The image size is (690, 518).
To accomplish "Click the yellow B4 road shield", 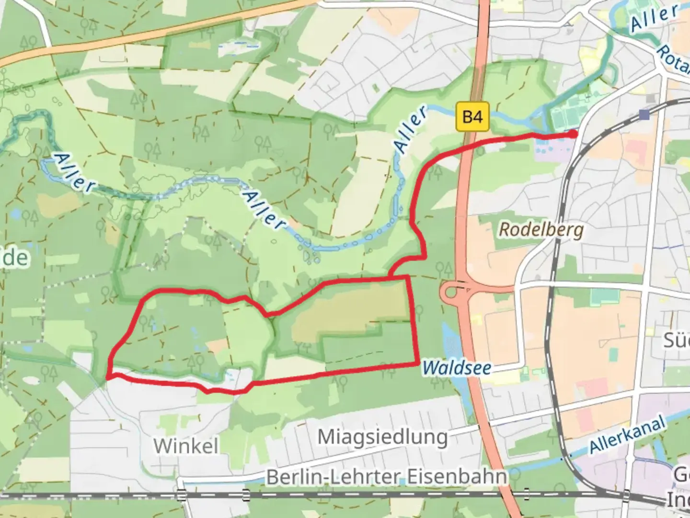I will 472,117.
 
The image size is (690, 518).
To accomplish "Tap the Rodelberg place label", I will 541,230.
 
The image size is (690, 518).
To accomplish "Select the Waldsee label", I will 457,368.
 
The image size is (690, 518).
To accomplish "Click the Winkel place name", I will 186,446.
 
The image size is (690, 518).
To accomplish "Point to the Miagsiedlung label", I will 382,437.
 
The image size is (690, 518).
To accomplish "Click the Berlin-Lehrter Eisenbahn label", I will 386,477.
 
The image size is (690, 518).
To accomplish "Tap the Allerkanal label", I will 628,436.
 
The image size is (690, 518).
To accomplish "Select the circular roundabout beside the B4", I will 451,291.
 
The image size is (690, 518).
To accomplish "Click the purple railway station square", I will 644,115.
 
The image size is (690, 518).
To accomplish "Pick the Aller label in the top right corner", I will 654,18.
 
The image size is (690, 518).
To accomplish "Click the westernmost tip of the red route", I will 107,377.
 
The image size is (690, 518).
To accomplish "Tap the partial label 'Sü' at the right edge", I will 676,340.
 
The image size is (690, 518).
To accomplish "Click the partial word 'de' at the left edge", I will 15,258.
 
